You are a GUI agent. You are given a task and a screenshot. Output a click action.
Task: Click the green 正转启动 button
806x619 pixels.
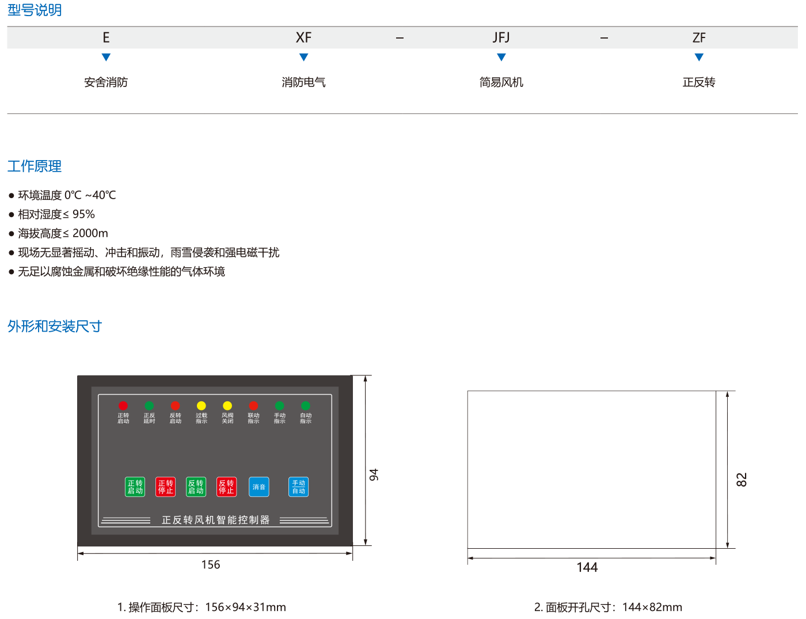click(x=135, y=487)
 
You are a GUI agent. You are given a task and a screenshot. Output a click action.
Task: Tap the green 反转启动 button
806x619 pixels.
click(x=196, y=487)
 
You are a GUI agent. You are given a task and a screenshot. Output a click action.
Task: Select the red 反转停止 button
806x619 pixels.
click(x=226, y=487)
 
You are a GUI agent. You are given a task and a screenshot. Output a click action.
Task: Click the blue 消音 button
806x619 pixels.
click(x=259, y=487)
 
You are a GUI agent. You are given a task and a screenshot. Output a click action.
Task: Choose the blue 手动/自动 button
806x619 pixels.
click(x=298, y=487)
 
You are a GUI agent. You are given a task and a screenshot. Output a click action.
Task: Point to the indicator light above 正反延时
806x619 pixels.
click(x=149, y=406)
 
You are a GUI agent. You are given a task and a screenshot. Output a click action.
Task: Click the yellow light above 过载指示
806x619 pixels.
click(x=201, y=406)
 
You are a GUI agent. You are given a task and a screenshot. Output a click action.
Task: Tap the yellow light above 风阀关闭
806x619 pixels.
click(x=227, y=406)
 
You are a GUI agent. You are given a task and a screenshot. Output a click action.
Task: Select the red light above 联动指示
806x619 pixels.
click(x=253, y=406)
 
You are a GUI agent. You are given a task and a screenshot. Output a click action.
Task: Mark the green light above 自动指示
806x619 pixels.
click(x=306, y=406)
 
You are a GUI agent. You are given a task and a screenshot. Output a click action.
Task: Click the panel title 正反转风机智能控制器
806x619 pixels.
click(x=215, y=520)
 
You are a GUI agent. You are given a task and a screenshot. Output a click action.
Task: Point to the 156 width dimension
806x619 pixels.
click(x=211, y=565)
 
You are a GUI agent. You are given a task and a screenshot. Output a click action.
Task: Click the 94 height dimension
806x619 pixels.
click(x=374, y=475)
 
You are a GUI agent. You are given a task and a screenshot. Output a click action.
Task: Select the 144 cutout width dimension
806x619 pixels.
click(x=587, y=567)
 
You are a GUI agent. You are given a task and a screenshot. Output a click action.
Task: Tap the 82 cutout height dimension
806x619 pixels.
click(x=742, y=480)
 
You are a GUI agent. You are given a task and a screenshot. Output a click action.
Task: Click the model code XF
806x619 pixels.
click(x=303, y=38)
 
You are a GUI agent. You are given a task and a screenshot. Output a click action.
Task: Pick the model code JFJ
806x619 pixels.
click(x=501, y=38)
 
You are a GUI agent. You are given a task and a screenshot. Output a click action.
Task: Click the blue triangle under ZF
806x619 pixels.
click(x=699, y=57)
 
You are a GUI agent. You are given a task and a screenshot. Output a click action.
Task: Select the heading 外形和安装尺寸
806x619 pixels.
click(x=55, y=326)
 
